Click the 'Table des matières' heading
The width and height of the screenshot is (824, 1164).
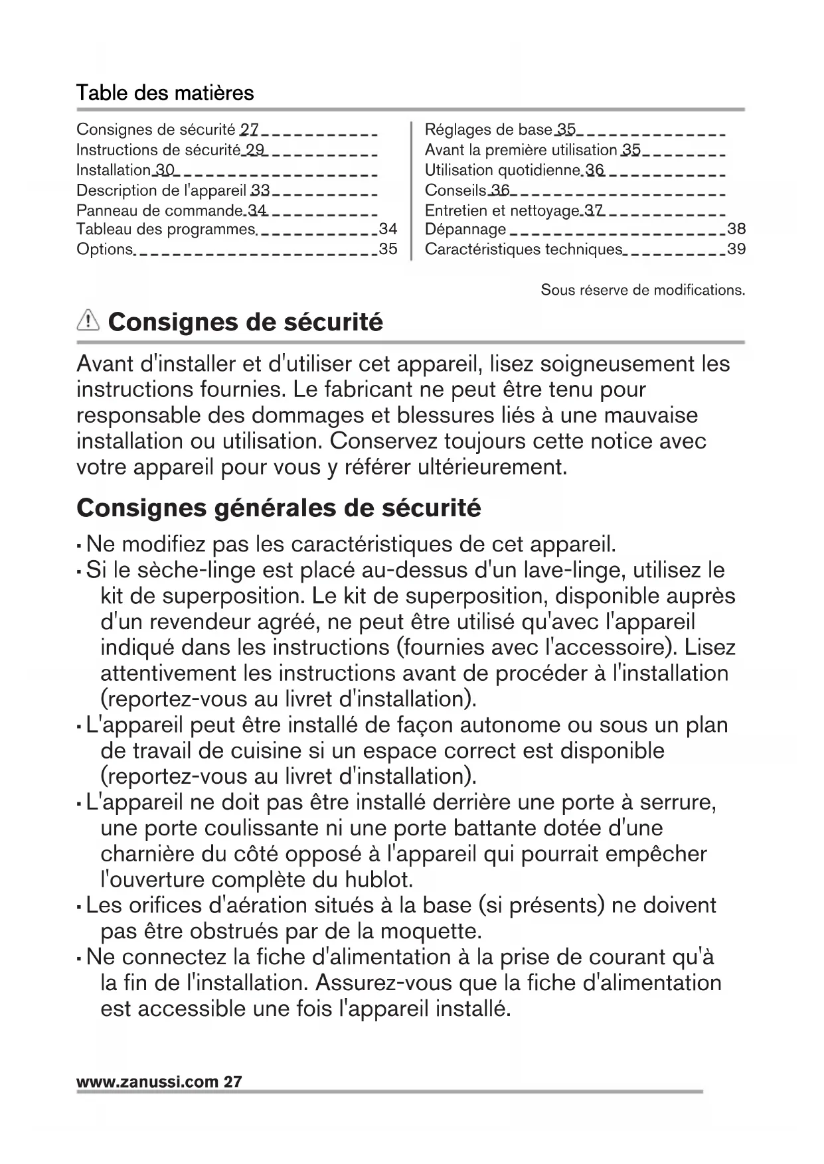coord(165,93)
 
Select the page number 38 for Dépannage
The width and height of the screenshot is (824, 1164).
coord(736,229)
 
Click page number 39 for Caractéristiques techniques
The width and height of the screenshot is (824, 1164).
coord(736,250)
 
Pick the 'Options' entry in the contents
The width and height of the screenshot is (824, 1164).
coord(104,250)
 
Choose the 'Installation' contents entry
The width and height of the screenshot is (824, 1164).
coord(113,170)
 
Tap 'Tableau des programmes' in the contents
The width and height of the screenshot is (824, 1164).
coord(166,230)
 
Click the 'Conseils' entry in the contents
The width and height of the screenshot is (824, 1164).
coord(455,190)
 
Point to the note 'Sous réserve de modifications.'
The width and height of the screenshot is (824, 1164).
coord(643,290)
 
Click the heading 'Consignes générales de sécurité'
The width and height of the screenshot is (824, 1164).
coord(279,508)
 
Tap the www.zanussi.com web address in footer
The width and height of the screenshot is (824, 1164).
coord(147,1081)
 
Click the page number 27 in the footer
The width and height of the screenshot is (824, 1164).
coord(233,1081)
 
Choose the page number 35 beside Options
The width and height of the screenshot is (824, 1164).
coord(388,250)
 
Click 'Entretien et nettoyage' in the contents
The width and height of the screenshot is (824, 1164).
coord(502,210)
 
